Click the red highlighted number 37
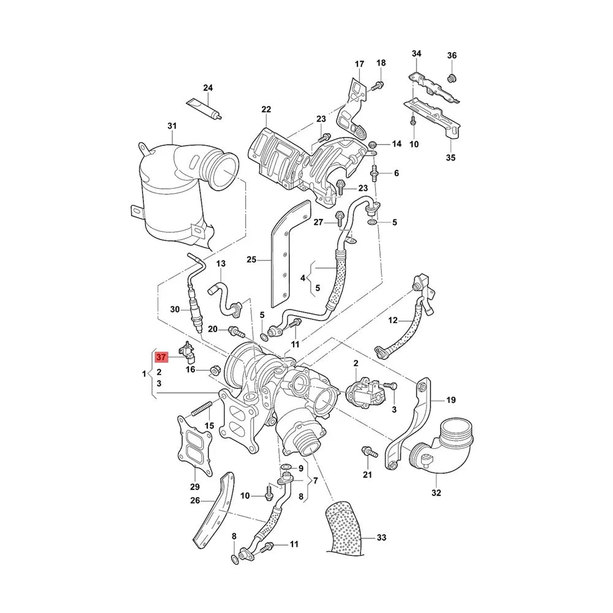tap(161, 357)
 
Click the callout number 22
tap(265, 109)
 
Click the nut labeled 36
tap(452, 77)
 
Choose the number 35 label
tap(451, 158)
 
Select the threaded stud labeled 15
tap(203, 407)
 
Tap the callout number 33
tap(381, 538)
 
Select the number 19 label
tap(451, 400)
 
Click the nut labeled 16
tap(215, 370)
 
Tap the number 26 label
tap(195, 500)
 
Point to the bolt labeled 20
tap(234, 332)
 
